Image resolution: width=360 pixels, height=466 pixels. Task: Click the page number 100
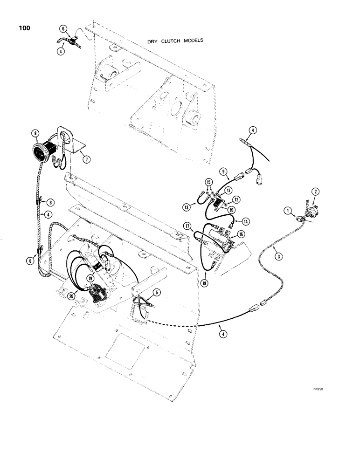point(24,29)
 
